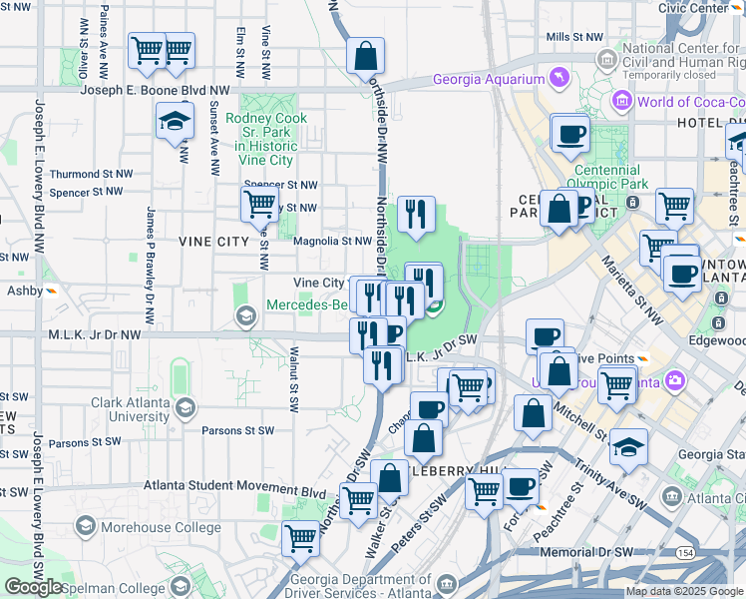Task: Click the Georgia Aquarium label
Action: (x=488, y=80)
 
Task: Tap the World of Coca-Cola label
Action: (x=690, y=102)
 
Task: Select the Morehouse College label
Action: (x=142, y=525)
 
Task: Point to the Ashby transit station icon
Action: (x=50, y=292)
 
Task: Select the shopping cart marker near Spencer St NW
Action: (x=259, y=204)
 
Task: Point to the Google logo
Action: (x=33, y=587)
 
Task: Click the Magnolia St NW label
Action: (x=332, y=241)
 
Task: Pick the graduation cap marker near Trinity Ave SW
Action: (x=628, y=447)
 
